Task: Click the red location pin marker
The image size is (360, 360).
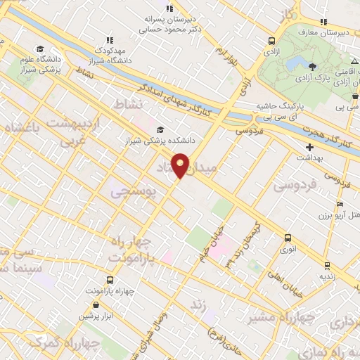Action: pos(181,165)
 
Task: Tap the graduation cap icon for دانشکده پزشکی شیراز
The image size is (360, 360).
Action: pos(161,129)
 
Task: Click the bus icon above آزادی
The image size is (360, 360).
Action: pos(271,41)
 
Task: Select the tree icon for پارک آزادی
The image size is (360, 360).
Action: pos(311,65)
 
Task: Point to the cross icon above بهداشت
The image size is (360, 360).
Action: pos(309,148)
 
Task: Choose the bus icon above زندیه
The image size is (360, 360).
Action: pos(327,265)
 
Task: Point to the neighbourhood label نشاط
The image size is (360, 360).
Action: pos(132,104)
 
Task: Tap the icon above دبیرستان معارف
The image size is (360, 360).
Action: pos(323,22)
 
